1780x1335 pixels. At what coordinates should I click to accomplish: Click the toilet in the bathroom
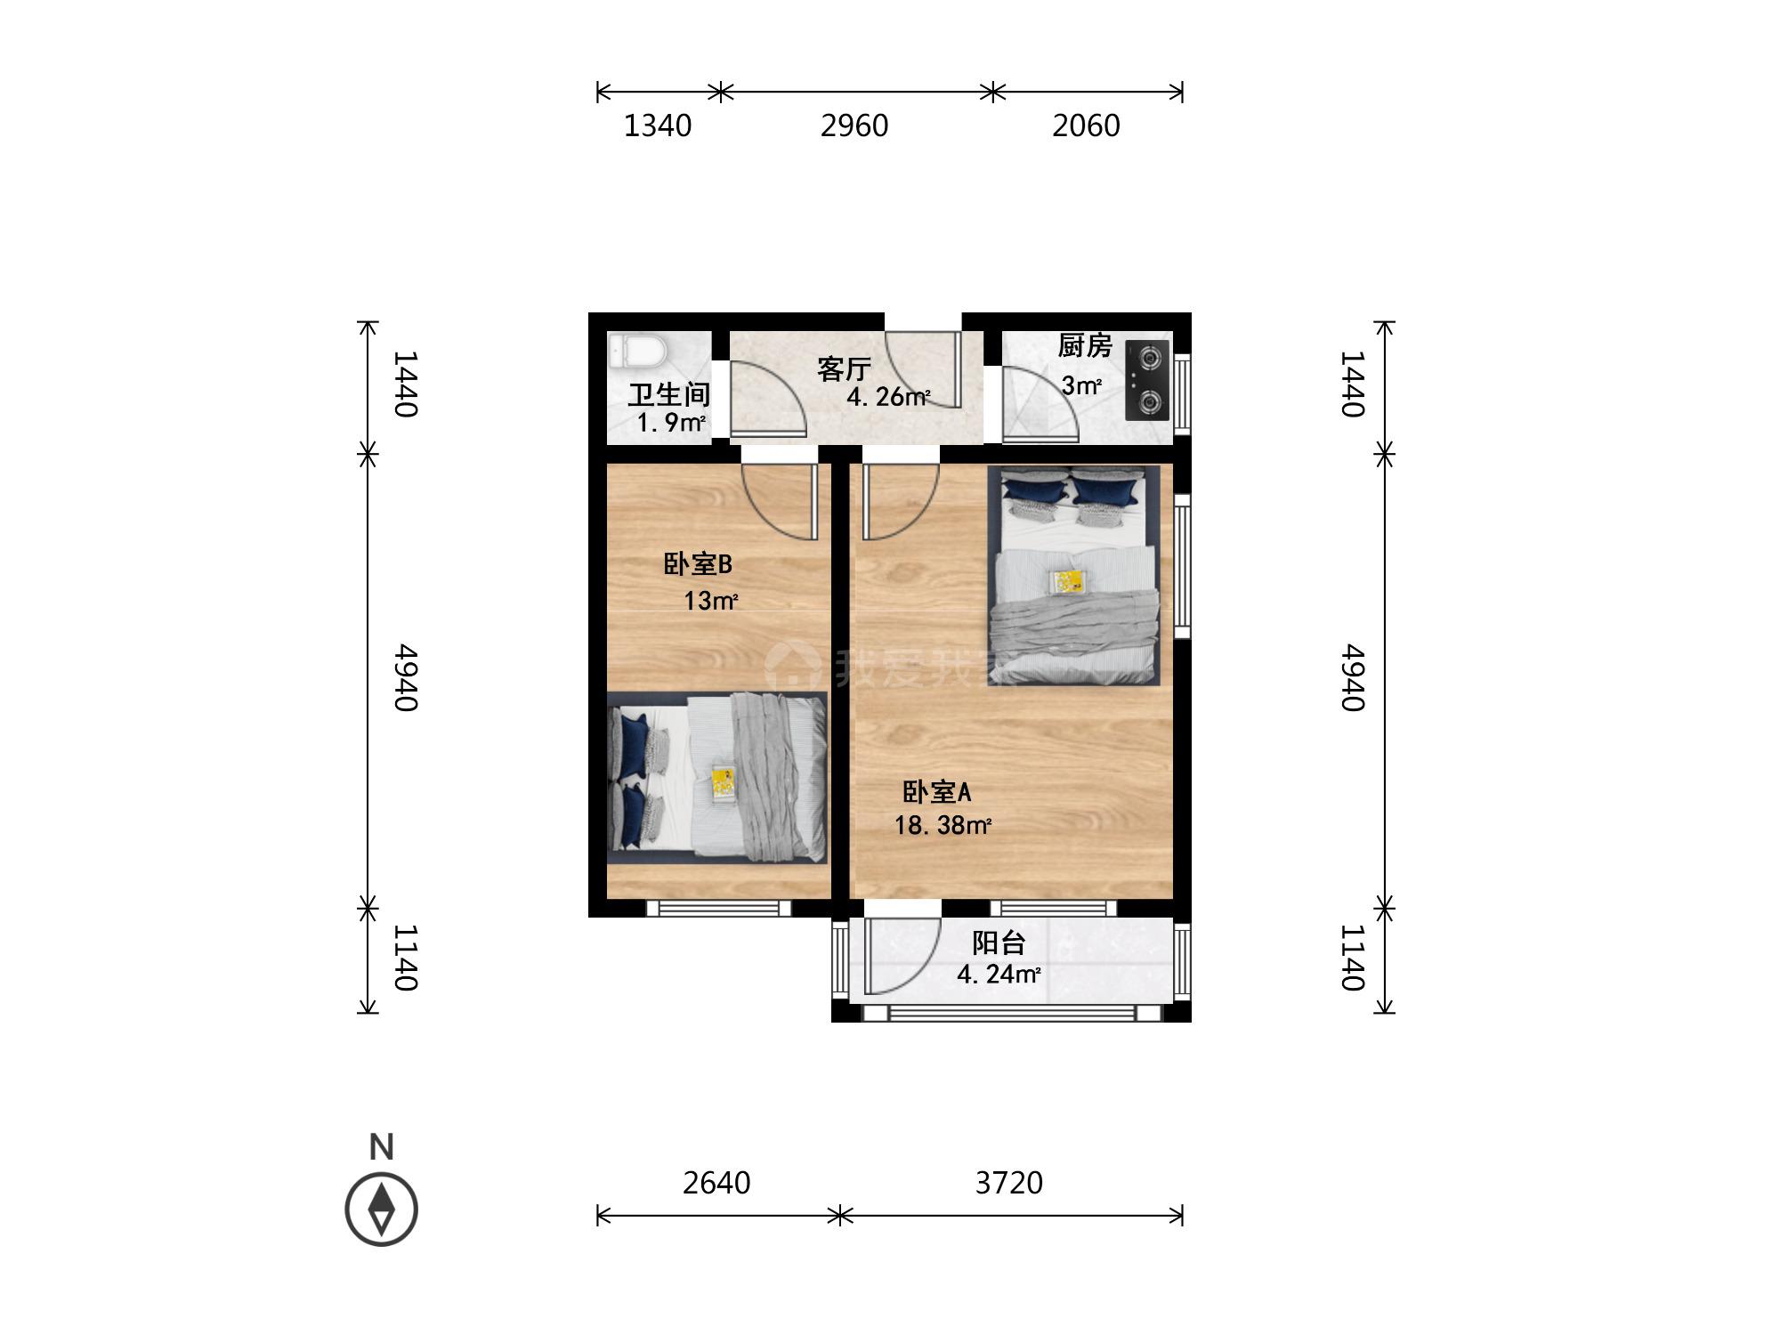(637, 351)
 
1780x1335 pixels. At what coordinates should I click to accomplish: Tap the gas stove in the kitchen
(1147, 380)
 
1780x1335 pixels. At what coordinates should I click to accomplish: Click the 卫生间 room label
(668, 395)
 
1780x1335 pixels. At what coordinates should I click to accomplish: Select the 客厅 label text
(844, 368)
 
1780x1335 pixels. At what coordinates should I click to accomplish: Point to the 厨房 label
(1085, 345)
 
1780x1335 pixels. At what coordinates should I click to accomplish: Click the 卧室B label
(698, 564)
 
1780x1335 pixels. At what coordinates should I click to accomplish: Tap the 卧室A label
(936, 791)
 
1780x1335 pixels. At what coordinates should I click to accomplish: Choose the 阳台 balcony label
(999, 943)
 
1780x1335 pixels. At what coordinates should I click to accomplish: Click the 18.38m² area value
(943, 825)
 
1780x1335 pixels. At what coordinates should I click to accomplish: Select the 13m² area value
(710, 601)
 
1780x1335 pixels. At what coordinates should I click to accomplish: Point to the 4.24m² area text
(999, 975)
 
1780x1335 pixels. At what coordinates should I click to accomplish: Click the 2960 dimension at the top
(854, 125)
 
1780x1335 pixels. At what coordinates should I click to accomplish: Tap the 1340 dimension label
(658, 125)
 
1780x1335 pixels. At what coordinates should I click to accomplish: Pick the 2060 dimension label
(1086, 125)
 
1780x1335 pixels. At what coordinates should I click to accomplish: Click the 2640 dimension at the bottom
(716, 1183)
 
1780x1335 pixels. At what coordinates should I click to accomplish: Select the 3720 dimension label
(1008, 1183)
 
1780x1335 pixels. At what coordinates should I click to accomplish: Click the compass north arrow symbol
(382, 1210)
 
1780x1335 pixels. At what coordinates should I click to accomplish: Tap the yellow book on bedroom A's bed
(1069, 582)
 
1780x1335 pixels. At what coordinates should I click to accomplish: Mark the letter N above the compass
(382, 1147)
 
